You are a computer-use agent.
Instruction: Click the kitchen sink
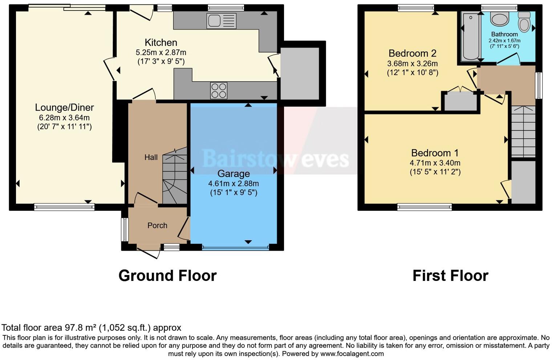221,21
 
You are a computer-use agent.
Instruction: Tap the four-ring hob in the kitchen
219,90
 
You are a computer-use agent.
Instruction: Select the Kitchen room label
161,42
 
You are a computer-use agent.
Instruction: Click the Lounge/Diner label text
64,107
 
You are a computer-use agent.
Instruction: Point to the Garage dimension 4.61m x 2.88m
234,183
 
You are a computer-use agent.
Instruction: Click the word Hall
151,157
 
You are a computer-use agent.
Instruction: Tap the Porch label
157,225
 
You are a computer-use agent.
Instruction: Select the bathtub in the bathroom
471,36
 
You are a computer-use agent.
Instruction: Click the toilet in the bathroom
524,22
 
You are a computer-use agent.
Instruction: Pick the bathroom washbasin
499,19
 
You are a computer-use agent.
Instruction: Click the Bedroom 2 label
412,53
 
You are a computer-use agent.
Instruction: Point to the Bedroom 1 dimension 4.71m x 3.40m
435,163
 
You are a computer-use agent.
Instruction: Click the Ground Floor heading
167,276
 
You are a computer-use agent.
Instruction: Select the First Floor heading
450,276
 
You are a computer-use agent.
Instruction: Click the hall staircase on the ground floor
175,180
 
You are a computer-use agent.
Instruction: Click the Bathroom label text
504,34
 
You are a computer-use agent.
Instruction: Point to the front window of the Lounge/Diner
64,207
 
